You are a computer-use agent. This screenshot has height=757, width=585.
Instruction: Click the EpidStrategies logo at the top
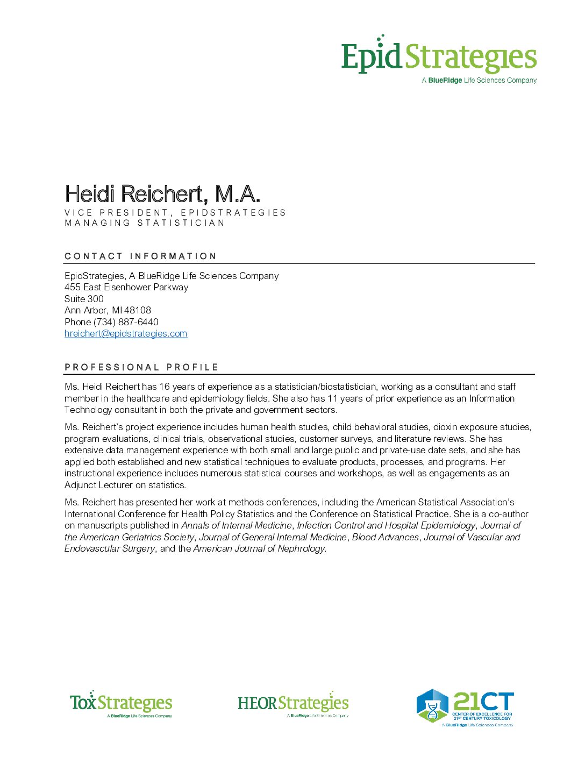point(439,58)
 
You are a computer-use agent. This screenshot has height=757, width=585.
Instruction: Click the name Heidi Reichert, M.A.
point(162,194)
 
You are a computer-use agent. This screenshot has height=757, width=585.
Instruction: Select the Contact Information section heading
point(140,256)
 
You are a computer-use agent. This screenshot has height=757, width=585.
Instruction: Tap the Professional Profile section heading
point(141,367)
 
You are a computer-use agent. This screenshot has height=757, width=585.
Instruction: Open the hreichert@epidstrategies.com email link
point(126,334)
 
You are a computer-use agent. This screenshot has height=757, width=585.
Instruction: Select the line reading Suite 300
point(84,299)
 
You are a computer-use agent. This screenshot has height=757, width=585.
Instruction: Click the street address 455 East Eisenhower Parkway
point(126,287)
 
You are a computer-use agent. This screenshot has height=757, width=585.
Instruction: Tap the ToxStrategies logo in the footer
point(121,704)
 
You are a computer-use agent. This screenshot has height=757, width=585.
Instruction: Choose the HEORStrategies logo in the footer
point(293,704)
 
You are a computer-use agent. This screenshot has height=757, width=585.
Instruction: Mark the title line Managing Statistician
point(145,223)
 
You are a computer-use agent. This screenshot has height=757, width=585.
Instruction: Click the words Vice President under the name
point(116,212)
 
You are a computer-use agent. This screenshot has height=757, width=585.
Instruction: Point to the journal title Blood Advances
point(385,537)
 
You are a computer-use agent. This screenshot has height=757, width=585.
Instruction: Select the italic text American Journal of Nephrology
point(259,548)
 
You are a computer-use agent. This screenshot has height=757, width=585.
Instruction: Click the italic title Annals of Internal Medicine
point(236,525)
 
